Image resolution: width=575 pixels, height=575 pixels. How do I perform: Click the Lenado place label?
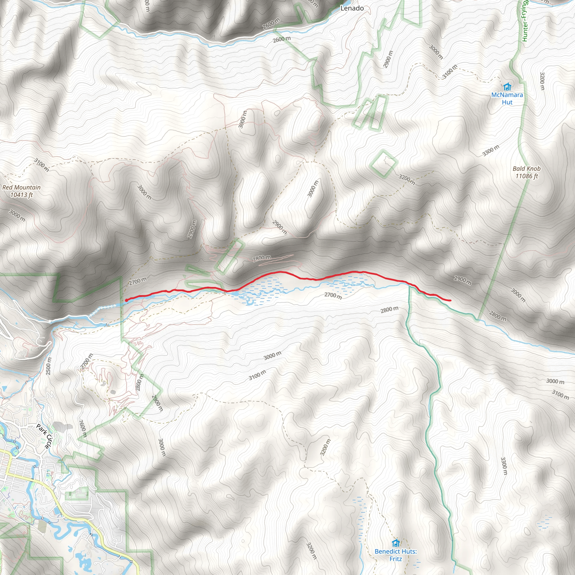352,8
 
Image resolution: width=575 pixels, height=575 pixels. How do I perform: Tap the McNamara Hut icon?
507,87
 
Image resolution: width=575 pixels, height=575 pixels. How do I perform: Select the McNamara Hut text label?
507,99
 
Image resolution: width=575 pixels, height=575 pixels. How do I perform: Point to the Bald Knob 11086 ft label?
526,172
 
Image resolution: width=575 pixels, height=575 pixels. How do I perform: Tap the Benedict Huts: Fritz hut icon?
396,543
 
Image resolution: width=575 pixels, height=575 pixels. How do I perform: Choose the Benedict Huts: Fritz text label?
396,555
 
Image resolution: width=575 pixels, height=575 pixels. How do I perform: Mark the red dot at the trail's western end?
127,300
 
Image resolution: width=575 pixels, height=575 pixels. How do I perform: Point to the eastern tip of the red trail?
450,300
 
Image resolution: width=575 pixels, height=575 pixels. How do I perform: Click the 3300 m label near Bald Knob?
491,150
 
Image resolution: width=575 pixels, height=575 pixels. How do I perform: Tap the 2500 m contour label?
49,366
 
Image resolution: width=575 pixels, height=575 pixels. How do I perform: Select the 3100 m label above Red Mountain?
41,165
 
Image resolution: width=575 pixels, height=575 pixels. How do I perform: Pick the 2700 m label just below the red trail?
333,296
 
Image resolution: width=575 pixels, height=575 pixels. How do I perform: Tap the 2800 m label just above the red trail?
262,258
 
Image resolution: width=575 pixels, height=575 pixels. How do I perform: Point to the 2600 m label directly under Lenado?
282,39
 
